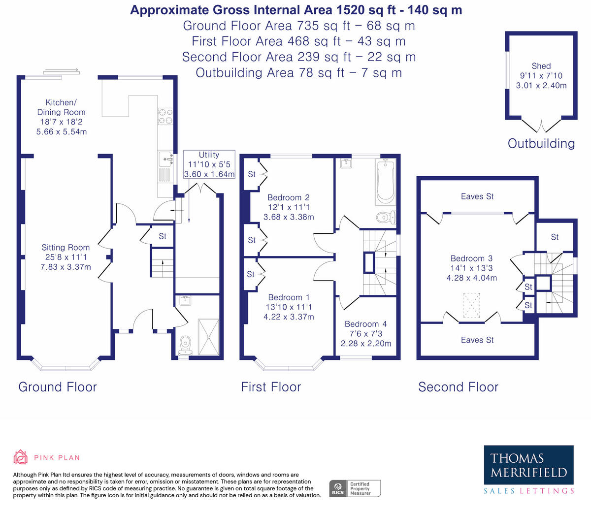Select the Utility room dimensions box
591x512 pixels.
(209, 164)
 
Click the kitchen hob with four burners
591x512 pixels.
(165, 116)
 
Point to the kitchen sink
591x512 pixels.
(166, 159)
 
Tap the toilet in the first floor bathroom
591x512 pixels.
(387, 218)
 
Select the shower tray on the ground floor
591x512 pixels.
(209, 337)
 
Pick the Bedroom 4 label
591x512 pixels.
(366, 324)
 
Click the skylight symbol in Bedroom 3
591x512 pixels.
(471, 305)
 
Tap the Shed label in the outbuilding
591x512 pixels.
(541, 66)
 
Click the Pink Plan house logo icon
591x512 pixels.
(21, 457)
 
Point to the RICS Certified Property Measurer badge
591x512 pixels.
(355, 488)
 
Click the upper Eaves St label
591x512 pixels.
(477, 196)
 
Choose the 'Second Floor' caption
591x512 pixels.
(459, 387)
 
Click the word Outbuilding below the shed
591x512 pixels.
(541, 144)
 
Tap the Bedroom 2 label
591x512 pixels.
(289, 197)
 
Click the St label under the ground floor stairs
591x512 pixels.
(163, 236)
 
